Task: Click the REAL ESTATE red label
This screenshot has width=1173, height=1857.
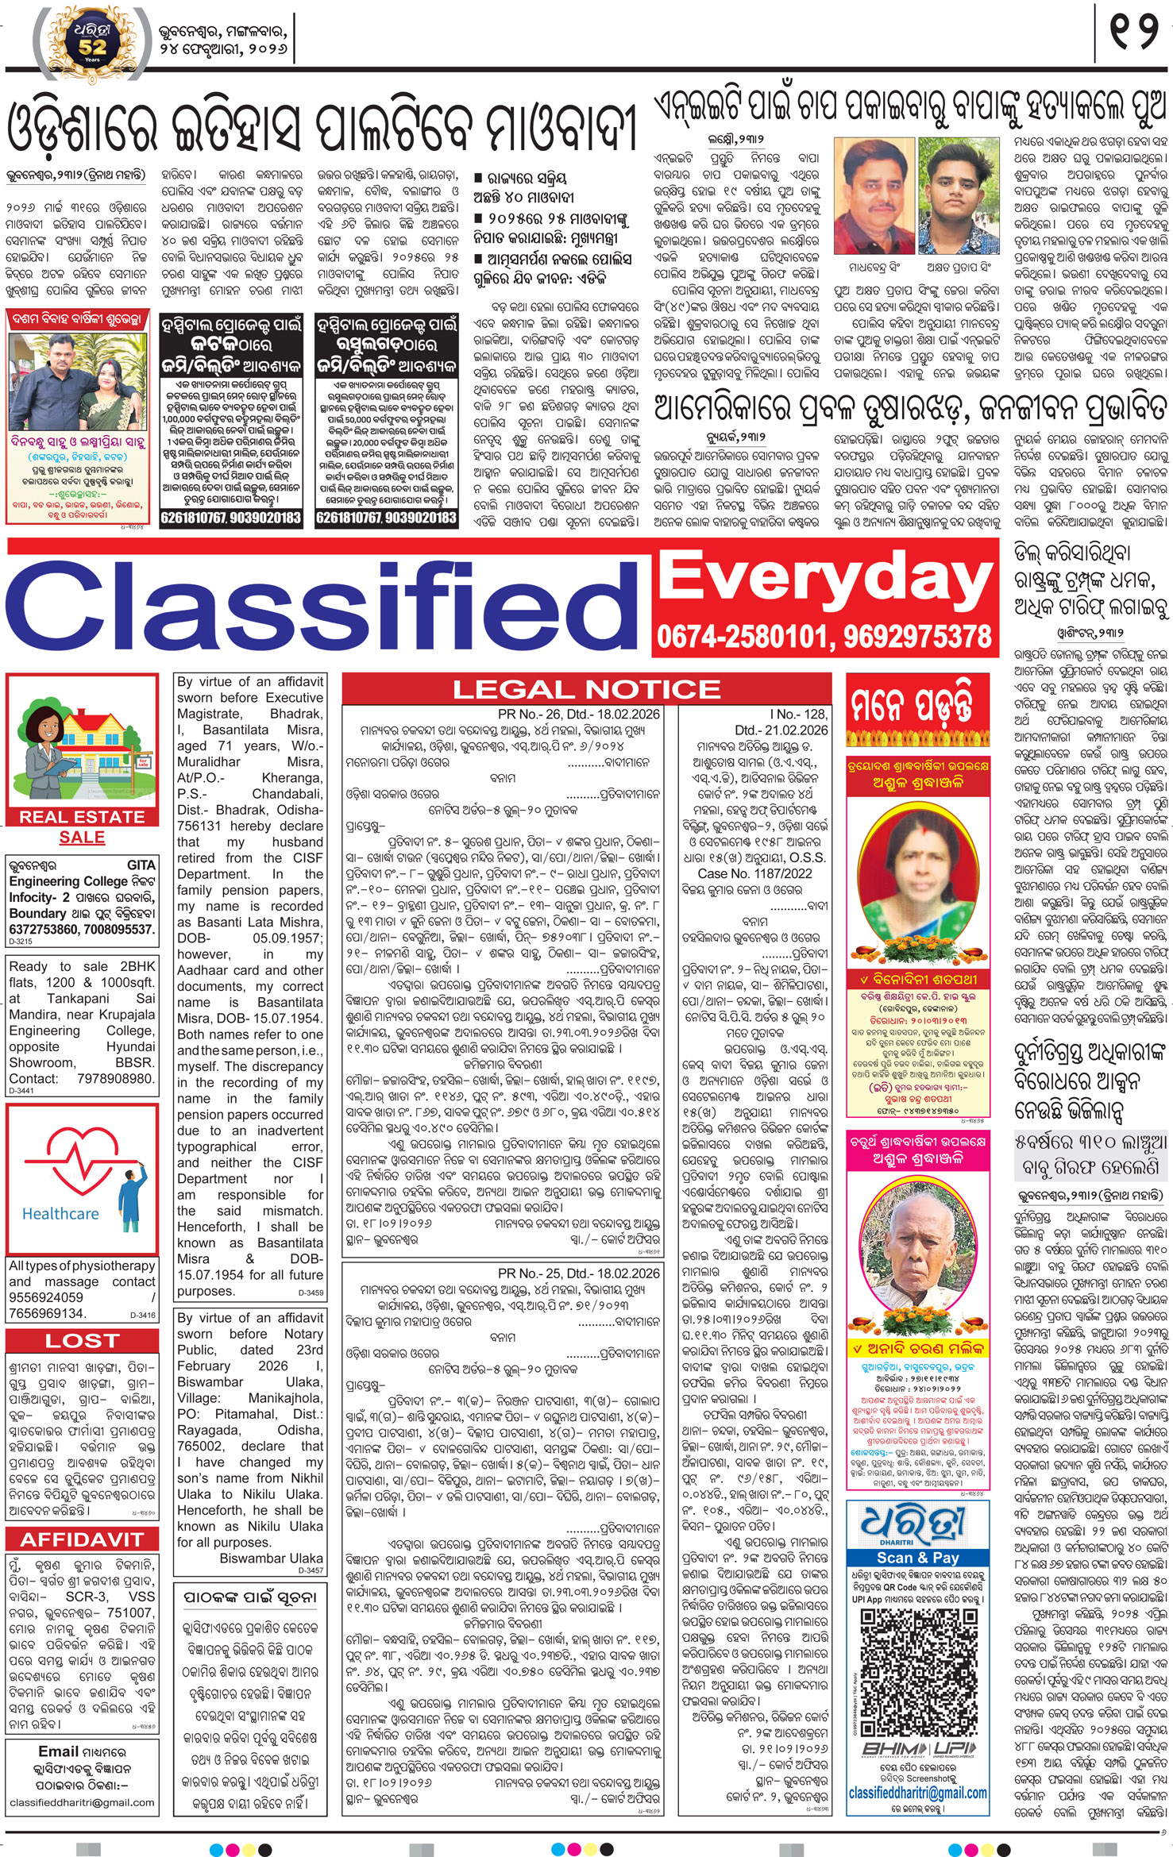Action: (x=82, y=816)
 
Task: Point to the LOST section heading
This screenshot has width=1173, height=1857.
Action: (x=82, y=1340)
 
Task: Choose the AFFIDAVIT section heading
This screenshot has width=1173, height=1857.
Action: (x=82, y=1539)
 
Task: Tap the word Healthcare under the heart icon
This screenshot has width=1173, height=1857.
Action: (x=60, y=1214)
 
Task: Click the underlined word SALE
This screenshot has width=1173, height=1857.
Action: (x=82, y=837)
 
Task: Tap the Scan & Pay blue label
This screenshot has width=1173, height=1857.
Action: (x=916, y=1558)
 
